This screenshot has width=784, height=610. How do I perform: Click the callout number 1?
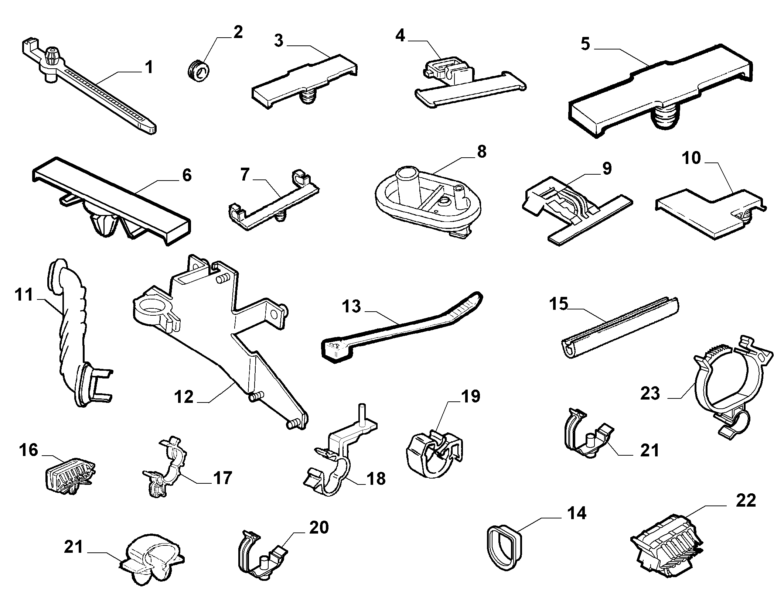click(149, 68)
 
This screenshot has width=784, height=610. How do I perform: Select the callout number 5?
click(586, 44)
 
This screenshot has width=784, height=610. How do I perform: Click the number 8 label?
click(481, 152)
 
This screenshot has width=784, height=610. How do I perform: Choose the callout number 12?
click(184, 397)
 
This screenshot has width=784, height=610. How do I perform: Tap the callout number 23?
click(650, 393)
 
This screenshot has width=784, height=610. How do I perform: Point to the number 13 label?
click(351, 306)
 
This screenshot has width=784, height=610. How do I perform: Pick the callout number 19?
click(470, 396)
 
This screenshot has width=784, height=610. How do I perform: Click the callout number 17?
click(222, 477)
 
